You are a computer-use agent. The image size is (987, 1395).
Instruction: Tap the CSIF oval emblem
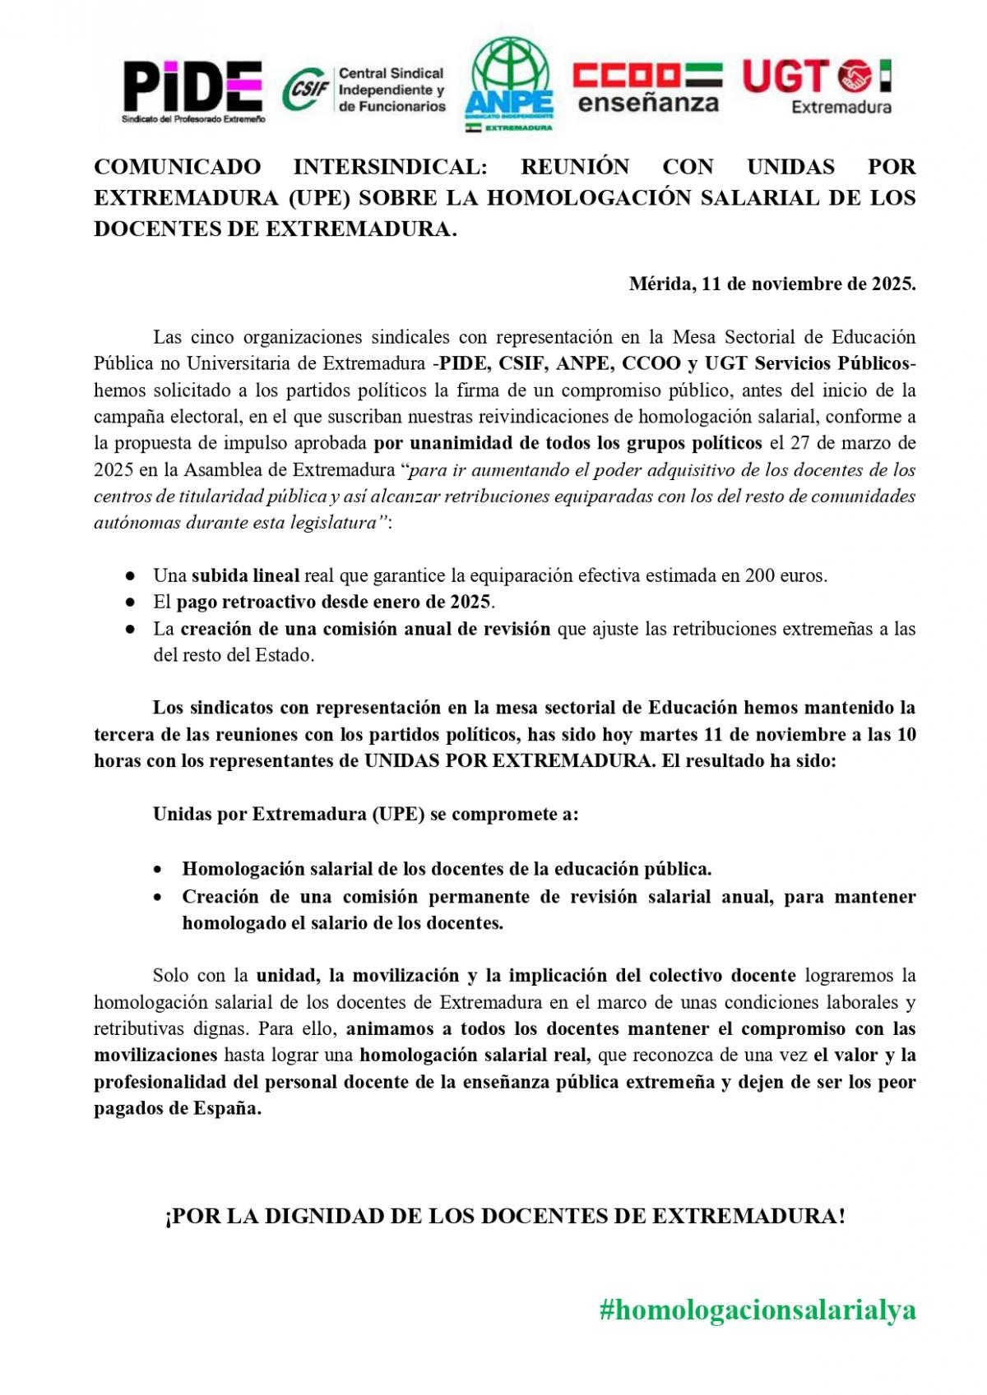tap(307, 90)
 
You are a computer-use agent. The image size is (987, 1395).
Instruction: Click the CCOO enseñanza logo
tap(646, 87)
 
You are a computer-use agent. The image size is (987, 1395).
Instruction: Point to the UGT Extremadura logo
tap(818, 85)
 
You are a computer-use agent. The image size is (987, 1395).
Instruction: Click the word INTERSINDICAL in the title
tap(391, 167)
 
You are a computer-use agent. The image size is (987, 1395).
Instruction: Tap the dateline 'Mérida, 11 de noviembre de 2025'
tap(772, 284)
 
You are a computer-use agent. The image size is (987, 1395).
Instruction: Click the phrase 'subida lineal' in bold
tap(245, 575)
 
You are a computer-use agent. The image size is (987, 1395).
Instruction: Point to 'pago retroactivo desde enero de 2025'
tap(333, 602)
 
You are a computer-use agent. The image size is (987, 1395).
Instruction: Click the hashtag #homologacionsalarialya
tap(757, 1310)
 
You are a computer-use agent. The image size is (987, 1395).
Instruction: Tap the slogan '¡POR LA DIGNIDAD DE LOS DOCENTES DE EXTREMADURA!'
tap(505, 1216)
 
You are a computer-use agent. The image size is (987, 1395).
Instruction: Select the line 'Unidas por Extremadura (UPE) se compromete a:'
tap(365, 815)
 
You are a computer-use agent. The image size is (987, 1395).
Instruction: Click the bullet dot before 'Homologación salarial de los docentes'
tap(160, 870)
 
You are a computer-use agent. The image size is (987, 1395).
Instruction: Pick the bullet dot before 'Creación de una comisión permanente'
tap(160, 897)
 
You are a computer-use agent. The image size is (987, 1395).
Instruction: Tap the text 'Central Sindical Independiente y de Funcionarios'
tap(392, 90)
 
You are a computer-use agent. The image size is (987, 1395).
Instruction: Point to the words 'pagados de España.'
tap(178, 1108)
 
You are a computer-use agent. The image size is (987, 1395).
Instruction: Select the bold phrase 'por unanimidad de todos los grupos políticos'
tap(568, 443)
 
